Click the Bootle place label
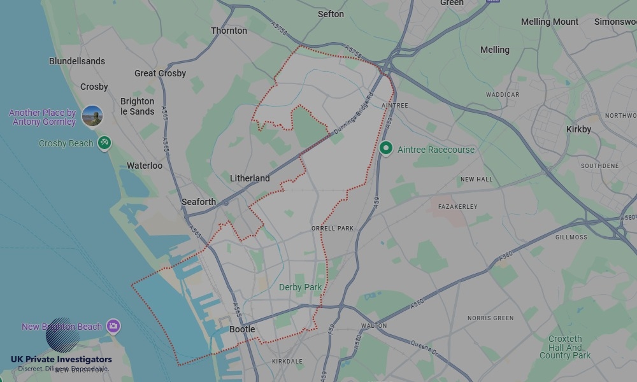pyautogui.click(x=242, y=329)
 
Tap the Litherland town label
pyautogui.click(x=250, y=178)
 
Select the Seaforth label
pyautogui.click(x=199, y=202)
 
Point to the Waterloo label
pyautogui.click(x=145, y=166)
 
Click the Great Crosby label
pyautogui.click(x=160, y=73)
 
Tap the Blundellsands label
pyautogui.click(x=77, y=61)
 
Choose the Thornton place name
pyautogui.click(x=229, y=31)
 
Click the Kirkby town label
pyautogui.click(x=578, y=129)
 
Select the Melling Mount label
pyautogui.click(x=550, y=22)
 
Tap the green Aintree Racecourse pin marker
pyautogui.click(x=385, y=148)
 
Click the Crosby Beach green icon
pyautogui.click(x=104, y=143)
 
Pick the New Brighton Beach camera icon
pyautogui.click(x=113, y=327)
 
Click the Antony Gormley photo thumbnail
pyautogui.click(x=92, y=116)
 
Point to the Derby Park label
pyautogui.click(x=301, y=287)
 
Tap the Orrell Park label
pyautogui.click(x=333, y=228)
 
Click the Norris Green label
pyautogui.click(x=490, y=318)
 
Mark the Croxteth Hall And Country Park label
pyautogui.click(x=565, y=347)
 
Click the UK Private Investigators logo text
pyautogui.click(x=61, y=360)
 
